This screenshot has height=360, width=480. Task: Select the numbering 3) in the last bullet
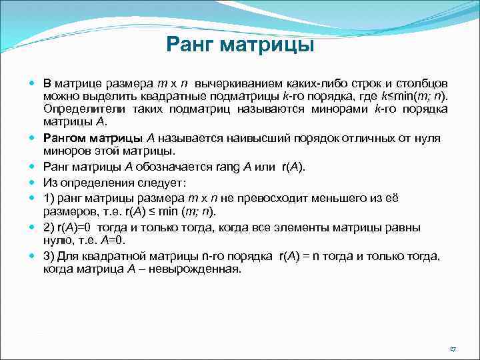[x=49, y=257]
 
